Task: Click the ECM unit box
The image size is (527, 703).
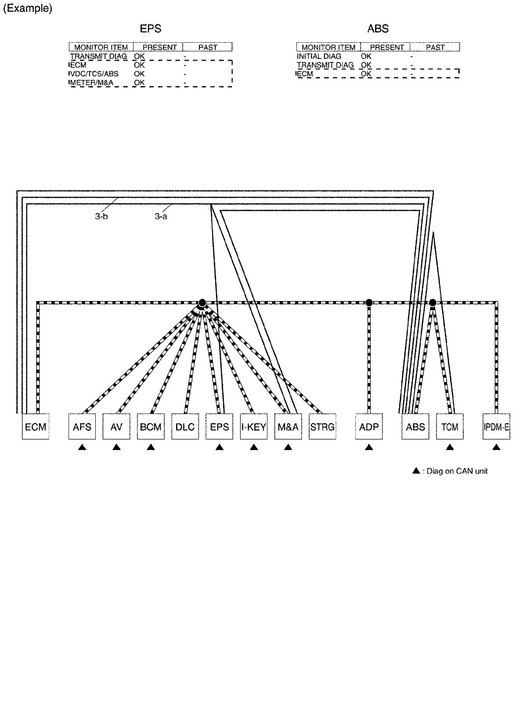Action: tap(36, 427)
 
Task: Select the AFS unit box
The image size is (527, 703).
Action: tap(82, 427)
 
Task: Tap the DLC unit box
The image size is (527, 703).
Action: tap(185, 427)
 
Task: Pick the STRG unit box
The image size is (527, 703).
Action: tap(322, 427)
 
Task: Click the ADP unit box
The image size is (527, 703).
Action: tap(369, 427)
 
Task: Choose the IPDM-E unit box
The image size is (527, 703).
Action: tap(496, 427)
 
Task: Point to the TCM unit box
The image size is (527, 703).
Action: tap(450, 427)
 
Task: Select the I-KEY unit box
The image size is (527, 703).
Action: tap(254, 427)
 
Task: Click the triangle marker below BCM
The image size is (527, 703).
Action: tap(151, 447)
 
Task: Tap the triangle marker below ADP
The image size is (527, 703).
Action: tap(369, 447)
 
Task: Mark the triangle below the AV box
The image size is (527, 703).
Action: tap(116, 447)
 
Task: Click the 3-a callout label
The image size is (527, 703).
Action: tap(161, 217)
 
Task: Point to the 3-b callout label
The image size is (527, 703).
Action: tap(101, 217)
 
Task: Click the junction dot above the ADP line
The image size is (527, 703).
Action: tap(369, 302)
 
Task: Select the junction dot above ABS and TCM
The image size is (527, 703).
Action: tap(433, 302)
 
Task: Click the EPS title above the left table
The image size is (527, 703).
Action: tap(151, 29)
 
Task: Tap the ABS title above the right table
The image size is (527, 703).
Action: tap(378, 29)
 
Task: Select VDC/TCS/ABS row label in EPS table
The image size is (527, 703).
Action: tap(94, 74)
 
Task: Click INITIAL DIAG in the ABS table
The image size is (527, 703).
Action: tap(319, 56)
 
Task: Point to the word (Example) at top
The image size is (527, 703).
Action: tap(28, 9)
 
